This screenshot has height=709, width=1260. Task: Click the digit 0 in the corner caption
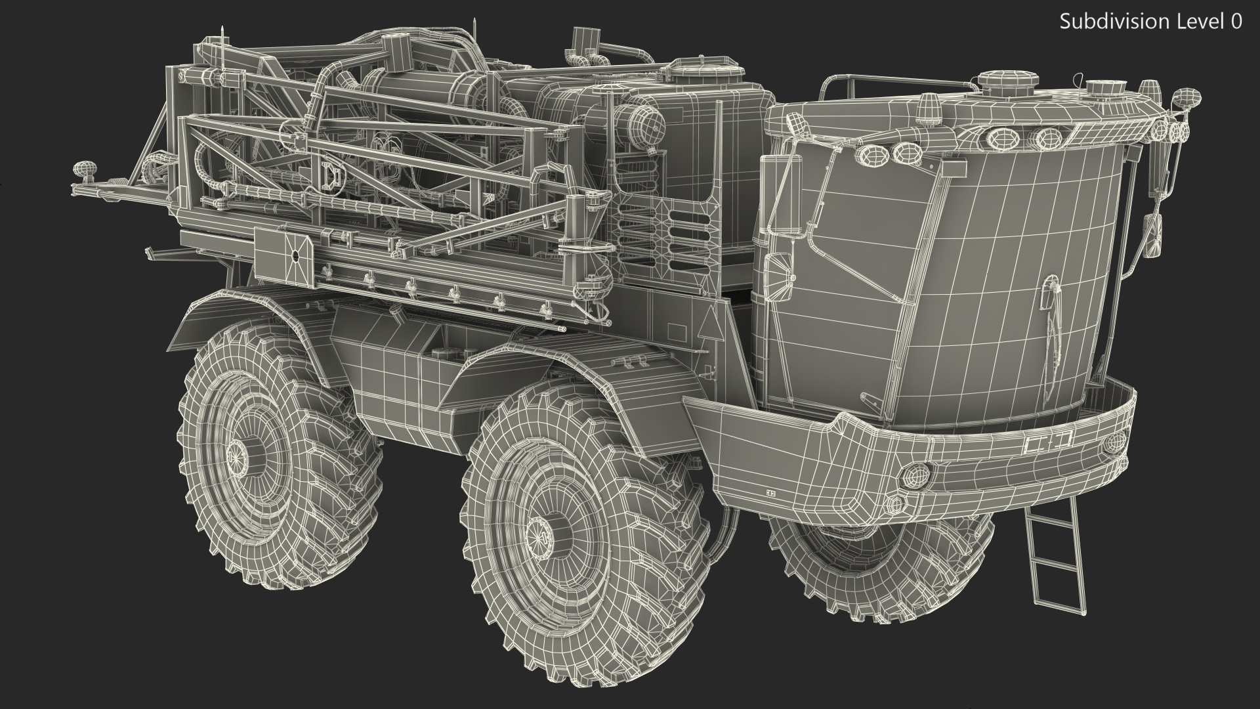(x=1235, y=22)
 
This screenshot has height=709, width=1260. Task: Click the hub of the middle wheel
(x=539, y=530)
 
